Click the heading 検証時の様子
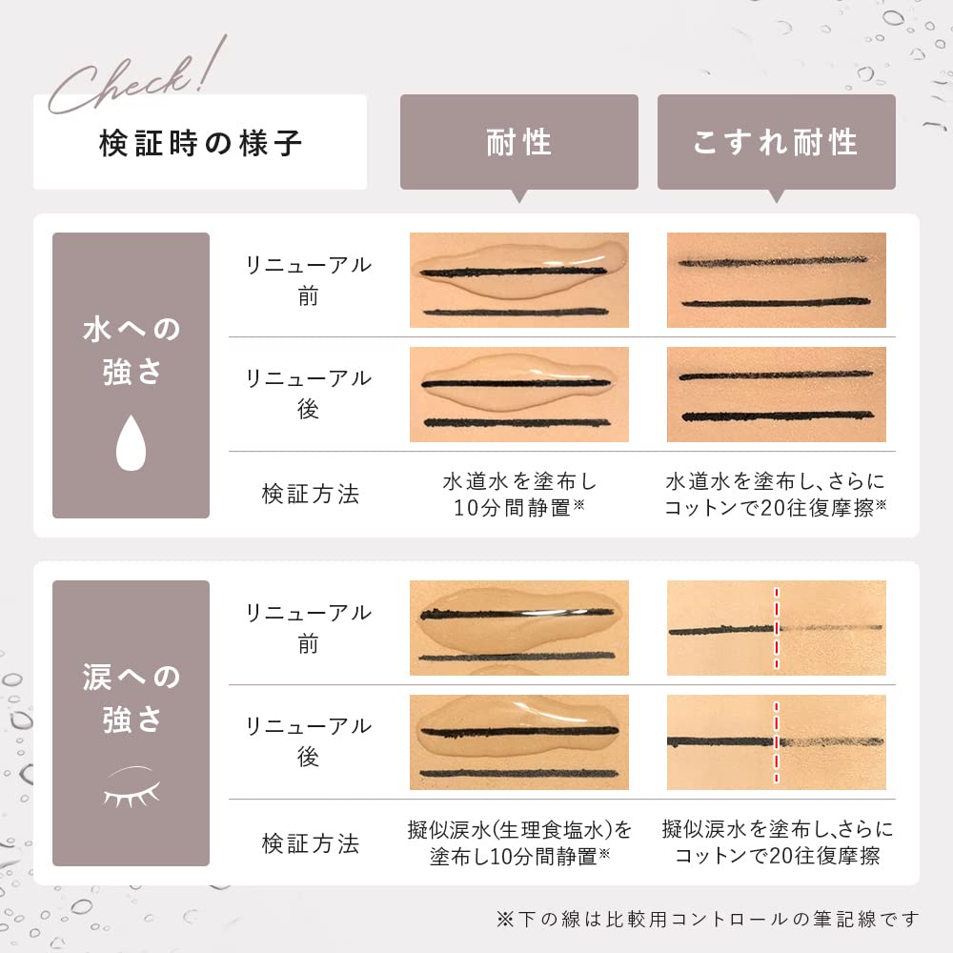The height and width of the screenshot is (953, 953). (200, 143)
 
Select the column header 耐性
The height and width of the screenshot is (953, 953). (518, 143)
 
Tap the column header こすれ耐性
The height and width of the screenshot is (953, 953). (776, 143)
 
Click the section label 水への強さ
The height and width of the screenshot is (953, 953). (131, 351)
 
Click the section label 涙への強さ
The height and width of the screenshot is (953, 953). (131, 698)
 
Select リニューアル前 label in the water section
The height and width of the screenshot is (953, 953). (308, 280)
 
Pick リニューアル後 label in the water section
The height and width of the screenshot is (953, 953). (308, 394)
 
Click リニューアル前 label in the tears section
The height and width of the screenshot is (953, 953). (308, 628)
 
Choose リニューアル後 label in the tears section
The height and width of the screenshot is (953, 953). (308, 741)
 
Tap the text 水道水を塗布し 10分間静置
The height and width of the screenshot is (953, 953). (518, 494)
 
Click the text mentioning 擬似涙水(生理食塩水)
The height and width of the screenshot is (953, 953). (518, 841)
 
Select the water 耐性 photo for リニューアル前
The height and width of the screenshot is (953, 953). (518, 280)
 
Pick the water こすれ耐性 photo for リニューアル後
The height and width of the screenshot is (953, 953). (776, 394)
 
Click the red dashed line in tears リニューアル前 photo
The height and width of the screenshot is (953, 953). (777, 627)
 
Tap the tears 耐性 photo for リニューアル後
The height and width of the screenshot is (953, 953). (518, 741)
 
